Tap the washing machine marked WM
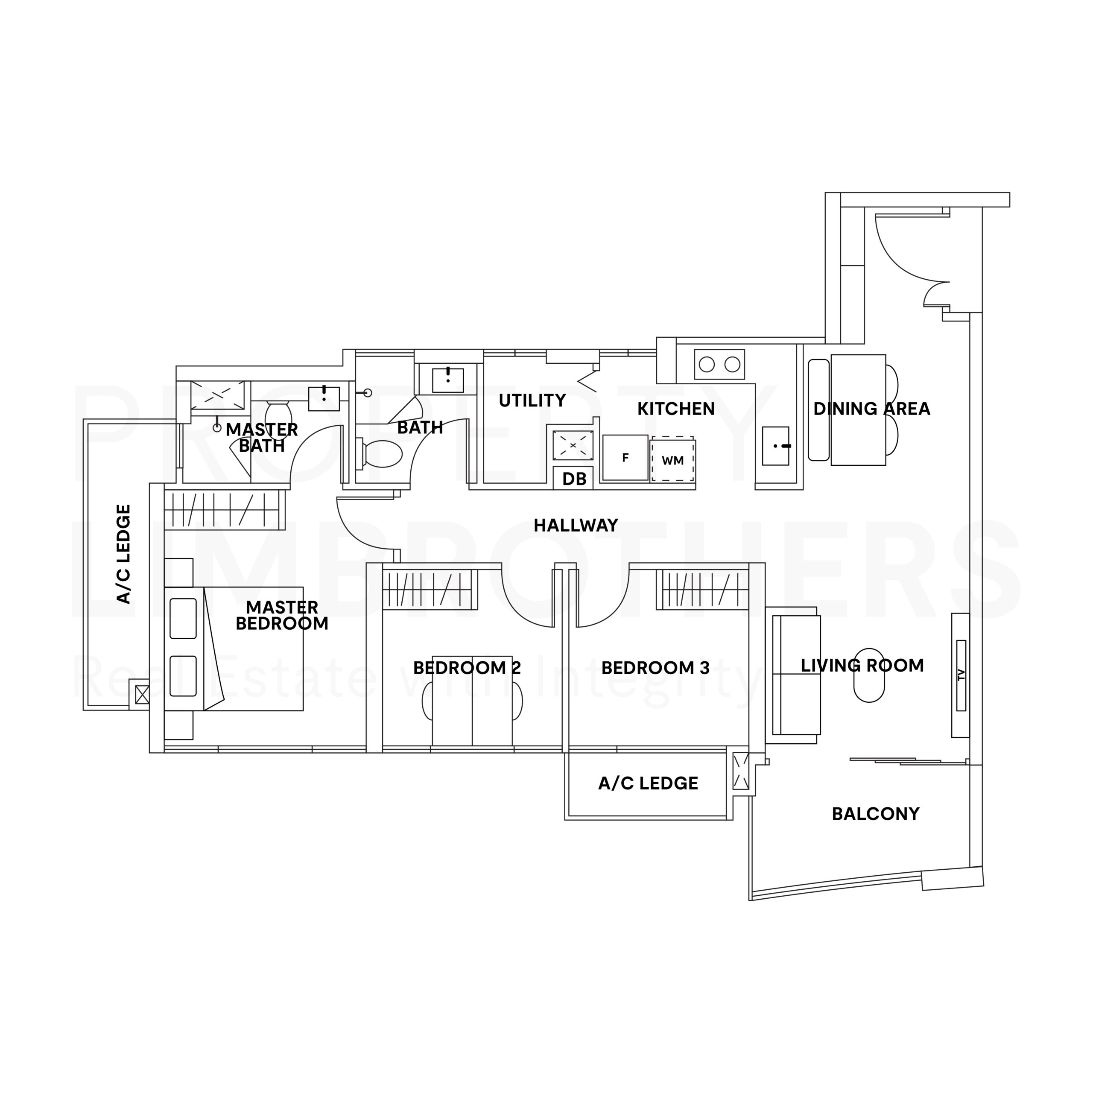point(672,459)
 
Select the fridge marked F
point(625,457)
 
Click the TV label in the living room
point(961,675)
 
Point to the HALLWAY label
point(576,526)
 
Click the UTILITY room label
point(532,400)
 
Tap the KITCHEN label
point(676,409)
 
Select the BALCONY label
point(876,813)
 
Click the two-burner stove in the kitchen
point(719,364)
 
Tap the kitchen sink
point(776,446)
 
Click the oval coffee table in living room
point(869,675)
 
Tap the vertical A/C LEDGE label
point(123,555)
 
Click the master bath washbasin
point(324,399)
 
